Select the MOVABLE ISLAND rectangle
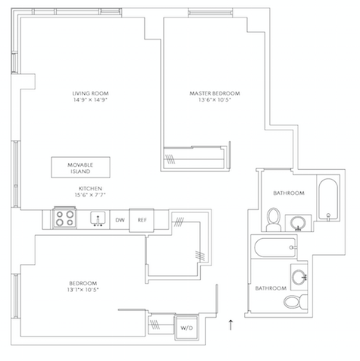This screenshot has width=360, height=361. [x=80, y=167]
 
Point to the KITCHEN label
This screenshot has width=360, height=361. [x=90, y=188]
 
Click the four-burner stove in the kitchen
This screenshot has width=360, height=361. [x=64, y=220]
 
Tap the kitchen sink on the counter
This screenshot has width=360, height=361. [x=98, y=220]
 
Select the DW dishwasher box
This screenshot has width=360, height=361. [x=119, y=220]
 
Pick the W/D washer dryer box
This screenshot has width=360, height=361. [x=186, y=328]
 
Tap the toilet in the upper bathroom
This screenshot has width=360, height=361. [x=274, y=220]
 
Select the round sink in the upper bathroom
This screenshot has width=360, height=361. [x=299, y=222]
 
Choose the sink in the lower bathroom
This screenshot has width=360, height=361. [x=298, y=275]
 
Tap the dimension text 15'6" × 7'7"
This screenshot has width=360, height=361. [x=90, y=196]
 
